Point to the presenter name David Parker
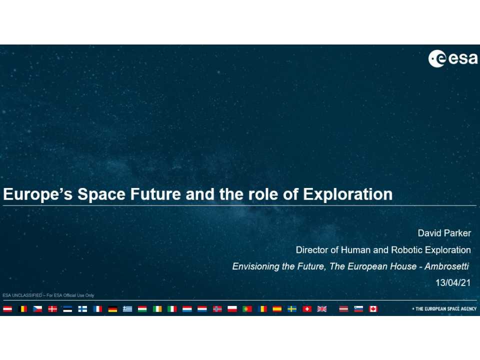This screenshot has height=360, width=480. (x=444, y=233)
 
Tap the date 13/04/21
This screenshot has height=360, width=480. (x=453, y=283)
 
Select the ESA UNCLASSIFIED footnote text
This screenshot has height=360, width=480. (x=48, y=295)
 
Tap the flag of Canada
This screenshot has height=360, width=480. (x=373, y=309)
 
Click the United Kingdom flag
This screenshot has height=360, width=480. (x=322, y=309)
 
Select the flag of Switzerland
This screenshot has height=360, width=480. (x=307, y=309)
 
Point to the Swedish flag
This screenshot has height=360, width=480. (x=292, y=309)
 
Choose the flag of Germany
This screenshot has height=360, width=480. (x=112, y=309)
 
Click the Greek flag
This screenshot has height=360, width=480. (x=127, y=309)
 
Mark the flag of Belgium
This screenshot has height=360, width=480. (x=22, y=309)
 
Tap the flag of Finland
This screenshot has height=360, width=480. (x=82, y=309)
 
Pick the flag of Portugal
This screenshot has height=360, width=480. (x=247, y=309)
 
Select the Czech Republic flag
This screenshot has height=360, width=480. (x=37, y=309)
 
